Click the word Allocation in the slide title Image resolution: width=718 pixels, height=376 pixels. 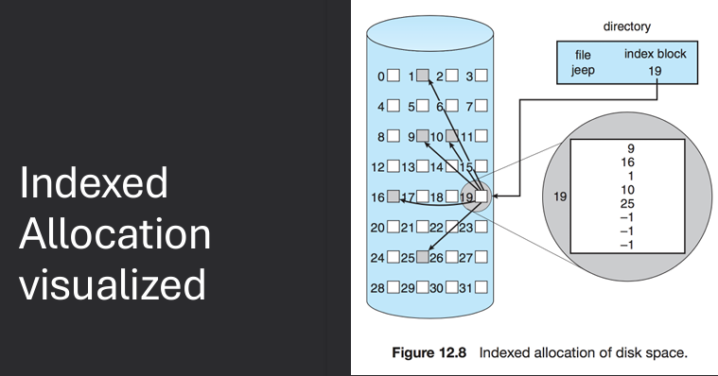click(114, 233)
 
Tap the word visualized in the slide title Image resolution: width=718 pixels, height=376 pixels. click(112, 283)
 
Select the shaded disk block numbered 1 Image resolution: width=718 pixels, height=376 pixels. click(424, 75)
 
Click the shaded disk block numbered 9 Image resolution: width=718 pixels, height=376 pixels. click(423, 136)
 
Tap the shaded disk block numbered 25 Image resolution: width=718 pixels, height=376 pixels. click(424, 257)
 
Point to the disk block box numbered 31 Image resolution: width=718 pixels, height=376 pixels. click(482, 287)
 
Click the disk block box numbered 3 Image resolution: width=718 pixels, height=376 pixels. click(482, 75)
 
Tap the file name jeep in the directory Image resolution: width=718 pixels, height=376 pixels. click(582, 70)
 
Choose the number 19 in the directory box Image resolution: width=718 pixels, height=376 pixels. click(656, 70)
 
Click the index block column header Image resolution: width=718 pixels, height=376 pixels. click(656, 54)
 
